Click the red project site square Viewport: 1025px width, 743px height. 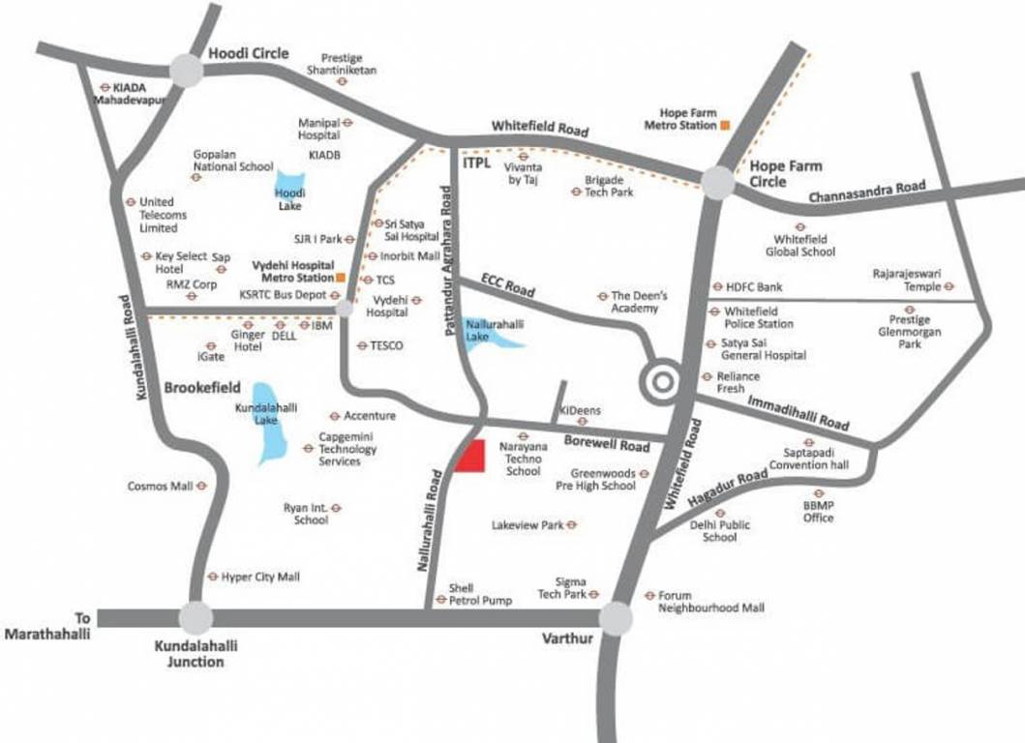pos(470,457)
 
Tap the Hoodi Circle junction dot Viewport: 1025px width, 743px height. pos(186,69)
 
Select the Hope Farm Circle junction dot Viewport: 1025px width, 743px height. pos(718,183)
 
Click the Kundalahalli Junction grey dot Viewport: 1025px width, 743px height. pos(196,617)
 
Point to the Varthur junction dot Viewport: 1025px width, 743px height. pos(616,617)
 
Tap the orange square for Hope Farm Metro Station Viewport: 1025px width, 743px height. pos(724,125)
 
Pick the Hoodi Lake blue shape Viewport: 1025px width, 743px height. pos(290,188)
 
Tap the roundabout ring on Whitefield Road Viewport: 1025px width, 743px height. pos(662,380)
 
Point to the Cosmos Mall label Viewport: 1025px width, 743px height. pos(161,486)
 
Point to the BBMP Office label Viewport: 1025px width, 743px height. pos(818,512)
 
